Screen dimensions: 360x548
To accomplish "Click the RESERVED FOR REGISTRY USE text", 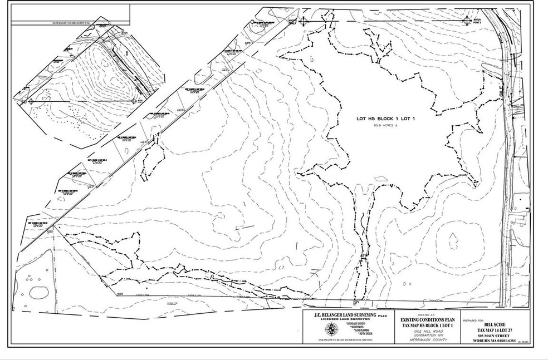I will (74, 23).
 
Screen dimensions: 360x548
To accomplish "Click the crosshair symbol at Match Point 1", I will (304, 21).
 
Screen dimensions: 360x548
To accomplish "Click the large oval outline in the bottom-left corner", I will (38, 292).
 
